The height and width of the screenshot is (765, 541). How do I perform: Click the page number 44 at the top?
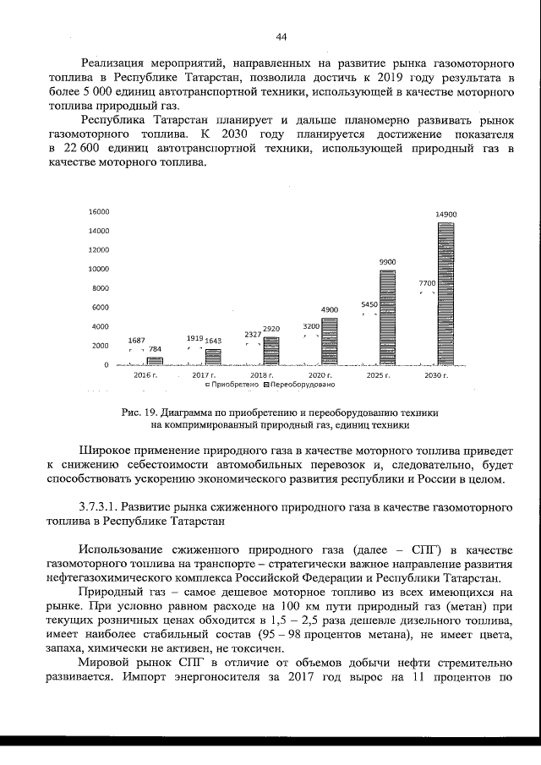[x=281, y=36]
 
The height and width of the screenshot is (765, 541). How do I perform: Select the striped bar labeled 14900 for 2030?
[x=445, y=293]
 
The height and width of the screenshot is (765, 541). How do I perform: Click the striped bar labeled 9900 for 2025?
[x=387, y=317]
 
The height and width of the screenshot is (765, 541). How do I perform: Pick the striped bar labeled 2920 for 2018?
[x=270, y=351]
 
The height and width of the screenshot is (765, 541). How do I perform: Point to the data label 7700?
[x=426, y=283]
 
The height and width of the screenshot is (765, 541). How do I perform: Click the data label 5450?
[x=369, y=304]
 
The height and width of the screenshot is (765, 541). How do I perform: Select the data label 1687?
[x=136, y=340]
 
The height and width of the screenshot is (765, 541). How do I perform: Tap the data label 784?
[x=155, y=349]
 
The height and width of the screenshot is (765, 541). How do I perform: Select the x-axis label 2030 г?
[x=436, y=374]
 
